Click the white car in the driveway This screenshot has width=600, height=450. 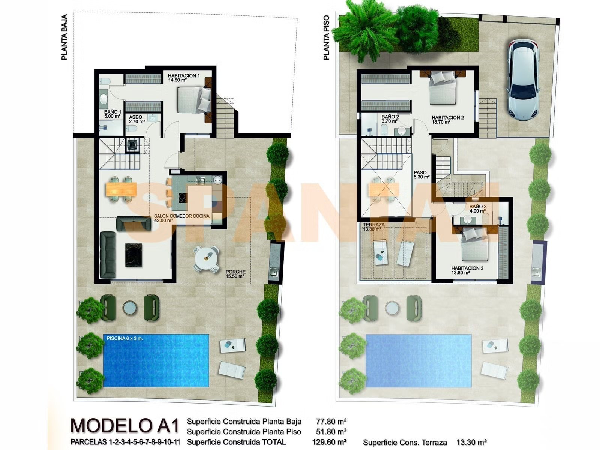pyautogui.click(x=524, y=79)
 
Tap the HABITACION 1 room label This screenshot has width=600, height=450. pyautogui.click(x=183, y=78)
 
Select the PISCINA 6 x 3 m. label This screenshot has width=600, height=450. pyautogui.click(x=124, y=338)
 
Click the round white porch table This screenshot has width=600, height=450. pyautogui.click(x=206, y=258)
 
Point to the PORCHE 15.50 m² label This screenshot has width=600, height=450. pyautogui.click(x=235, y=274)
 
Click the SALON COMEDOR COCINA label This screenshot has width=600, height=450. pyautogui.click(x=181, y=218)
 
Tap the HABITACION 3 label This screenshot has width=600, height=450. pyautogui.click(x=467, y=270)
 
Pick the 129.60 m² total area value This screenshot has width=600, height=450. pyautogui.click(x=329, y=442)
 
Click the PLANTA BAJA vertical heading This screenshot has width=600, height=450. pyautogui.click(x=64, y=37)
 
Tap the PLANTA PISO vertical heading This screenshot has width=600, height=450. pyautogui.click(x=326, y=37)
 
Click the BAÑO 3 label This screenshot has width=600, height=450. pyautogui.click(x=478, y=208)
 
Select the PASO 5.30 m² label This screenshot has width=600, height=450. pyautogui.click(x=421, y=175)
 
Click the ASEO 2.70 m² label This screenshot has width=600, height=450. pyautogui.click(x=136, y=119)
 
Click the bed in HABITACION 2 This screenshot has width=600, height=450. pyautogui.click(x=442, y=87)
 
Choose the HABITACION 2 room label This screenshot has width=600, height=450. pyautogui.click(x=447, y=120)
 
